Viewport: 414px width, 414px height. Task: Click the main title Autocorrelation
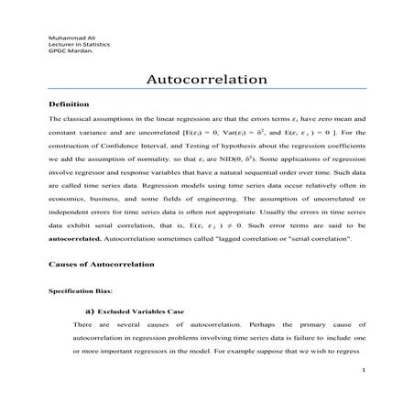206,81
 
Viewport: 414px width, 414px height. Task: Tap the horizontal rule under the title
206,91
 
